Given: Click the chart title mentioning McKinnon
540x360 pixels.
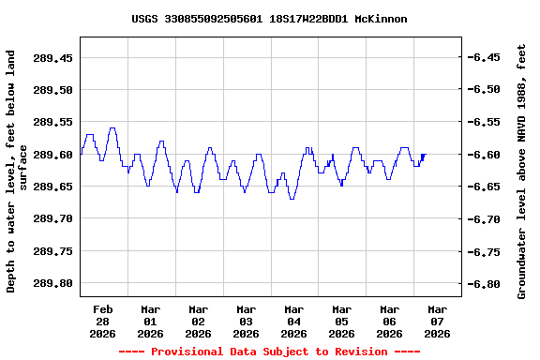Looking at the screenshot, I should click(269, 19).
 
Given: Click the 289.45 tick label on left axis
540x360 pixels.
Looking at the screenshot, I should click(52, 58).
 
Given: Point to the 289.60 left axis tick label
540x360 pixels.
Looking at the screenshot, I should click(52, 155).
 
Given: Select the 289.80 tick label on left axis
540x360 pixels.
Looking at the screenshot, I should click(52, 283).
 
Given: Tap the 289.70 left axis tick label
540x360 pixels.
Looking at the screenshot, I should click(52, 218).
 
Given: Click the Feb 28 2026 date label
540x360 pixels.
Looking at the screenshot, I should click(102, 321).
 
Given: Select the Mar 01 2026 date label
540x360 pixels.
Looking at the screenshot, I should click(150, 321).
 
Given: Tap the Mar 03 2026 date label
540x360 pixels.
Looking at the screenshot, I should click(246, 321).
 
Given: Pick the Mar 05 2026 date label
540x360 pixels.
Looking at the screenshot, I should click(341, 321).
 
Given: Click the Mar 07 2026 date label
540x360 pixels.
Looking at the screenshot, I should click(437, 321).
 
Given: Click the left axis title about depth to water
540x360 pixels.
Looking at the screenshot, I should click(17, 172).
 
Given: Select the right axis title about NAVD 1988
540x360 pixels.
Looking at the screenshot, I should click(522, 172).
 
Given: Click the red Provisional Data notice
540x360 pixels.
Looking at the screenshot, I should click(269, 352).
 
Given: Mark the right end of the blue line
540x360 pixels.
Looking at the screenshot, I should click(425, 155).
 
